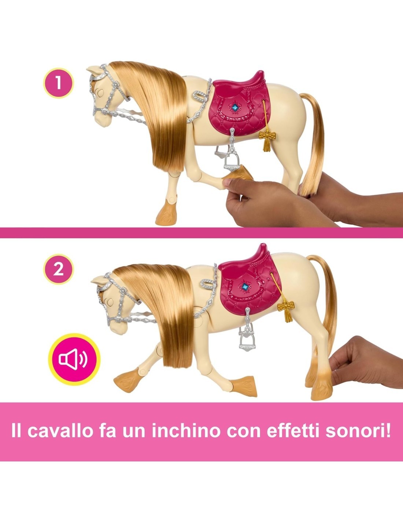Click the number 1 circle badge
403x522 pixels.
pos(59,83)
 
